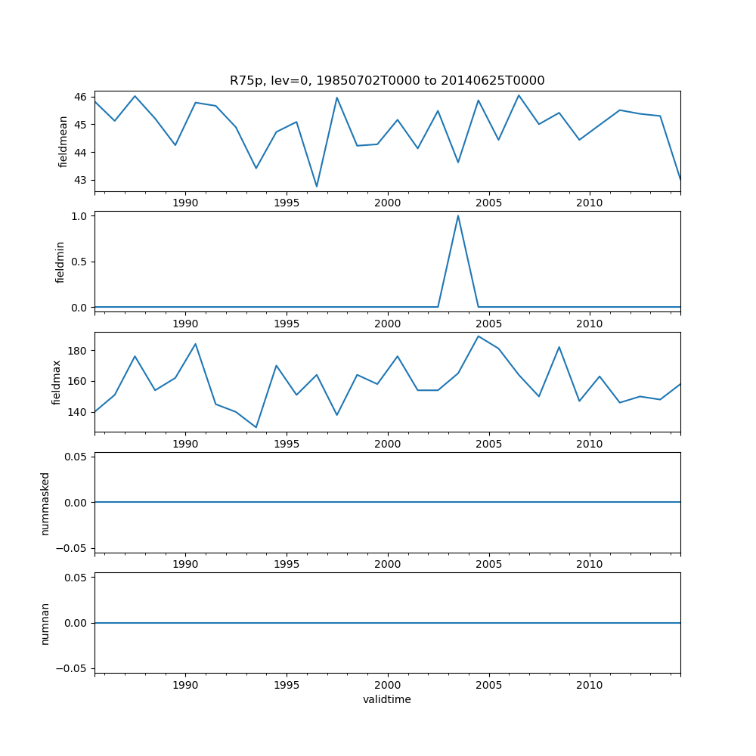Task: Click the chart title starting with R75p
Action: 387,81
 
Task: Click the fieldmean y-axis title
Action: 64,141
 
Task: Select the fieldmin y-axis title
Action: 60,262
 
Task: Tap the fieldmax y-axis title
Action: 56,382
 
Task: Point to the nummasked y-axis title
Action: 45,503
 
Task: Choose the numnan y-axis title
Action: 45,623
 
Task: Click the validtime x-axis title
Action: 387,699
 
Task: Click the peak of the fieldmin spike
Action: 458,216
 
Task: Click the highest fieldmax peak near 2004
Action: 478,336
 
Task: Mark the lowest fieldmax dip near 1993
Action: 256,427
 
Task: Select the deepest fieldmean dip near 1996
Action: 317,187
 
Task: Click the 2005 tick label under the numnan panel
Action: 488,685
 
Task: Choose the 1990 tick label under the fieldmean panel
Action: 185,203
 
